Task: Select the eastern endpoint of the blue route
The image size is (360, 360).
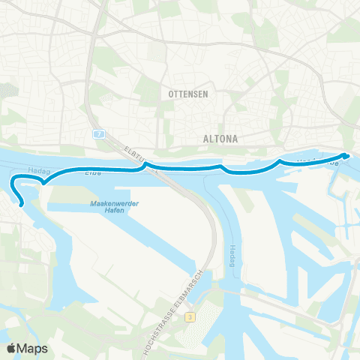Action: coord(344,155)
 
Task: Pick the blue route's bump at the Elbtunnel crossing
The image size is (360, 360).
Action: coord(145,165)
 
